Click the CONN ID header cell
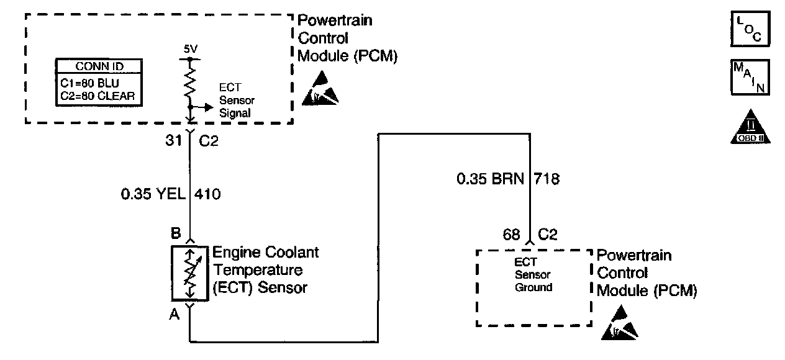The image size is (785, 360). pos(99,66)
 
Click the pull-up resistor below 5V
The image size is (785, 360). pos(189,80)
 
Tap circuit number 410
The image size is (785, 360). pos(208,194)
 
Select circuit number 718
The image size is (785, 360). pos(547,179)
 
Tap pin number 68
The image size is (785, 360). pos(511,234)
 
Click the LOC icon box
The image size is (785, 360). pos(750,29)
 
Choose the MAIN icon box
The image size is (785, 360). pos(750,77)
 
